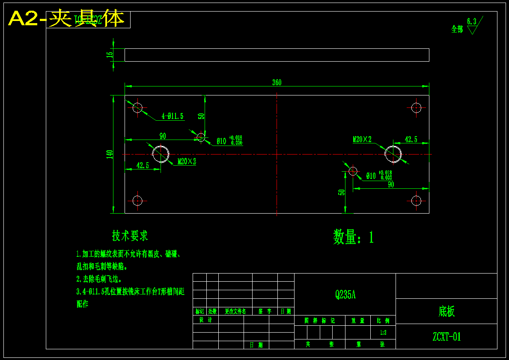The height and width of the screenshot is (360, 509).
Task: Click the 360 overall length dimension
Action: (277, 83)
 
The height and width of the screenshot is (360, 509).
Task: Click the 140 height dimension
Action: (110, 154)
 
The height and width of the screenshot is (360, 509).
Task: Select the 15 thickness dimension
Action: (110, 54)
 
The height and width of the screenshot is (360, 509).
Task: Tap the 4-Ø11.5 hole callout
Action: (173, 116)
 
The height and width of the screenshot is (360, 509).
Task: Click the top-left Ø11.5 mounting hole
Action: (137, 107)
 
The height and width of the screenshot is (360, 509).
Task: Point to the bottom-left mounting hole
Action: (137, 200)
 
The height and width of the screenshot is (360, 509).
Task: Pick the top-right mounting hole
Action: (416, 107)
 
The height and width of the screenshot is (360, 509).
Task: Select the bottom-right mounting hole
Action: (416, 200)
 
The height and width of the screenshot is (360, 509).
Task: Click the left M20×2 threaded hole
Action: (161, 154)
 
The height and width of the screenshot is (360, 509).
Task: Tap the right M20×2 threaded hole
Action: (393, 154)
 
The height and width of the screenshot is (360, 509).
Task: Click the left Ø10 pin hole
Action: (201, 137)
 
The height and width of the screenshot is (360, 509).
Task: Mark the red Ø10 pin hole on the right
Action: (353, 171)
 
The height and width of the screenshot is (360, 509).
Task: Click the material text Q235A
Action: (345, 295)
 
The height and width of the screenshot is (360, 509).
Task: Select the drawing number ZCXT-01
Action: (446, 337)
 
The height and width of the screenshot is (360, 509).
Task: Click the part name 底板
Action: (446, 311)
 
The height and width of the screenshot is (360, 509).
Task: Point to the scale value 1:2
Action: (383, 332)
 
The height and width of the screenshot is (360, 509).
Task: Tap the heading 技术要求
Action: (130, 235)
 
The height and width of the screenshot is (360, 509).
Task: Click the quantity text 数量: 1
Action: (353, 237)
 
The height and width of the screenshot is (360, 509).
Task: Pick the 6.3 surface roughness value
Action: (471, 21)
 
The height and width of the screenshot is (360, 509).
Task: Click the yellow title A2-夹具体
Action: (66, 19)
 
